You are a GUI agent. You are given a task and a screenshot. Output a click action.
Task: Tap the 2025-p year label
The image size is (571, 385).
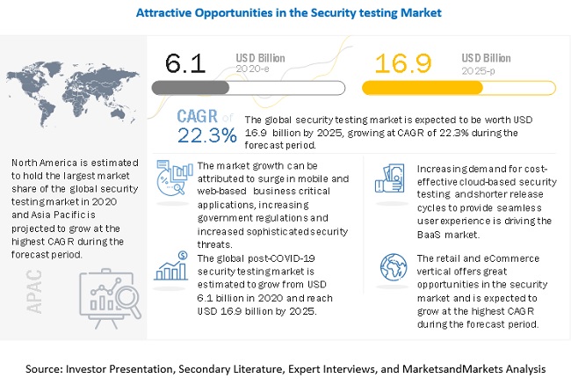pyautogui.click(x=478, y=71)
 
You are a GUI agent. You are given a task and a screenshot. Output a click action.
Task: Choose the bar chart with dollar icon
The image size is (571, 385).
pyautogui.click(x=172, y=266)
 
